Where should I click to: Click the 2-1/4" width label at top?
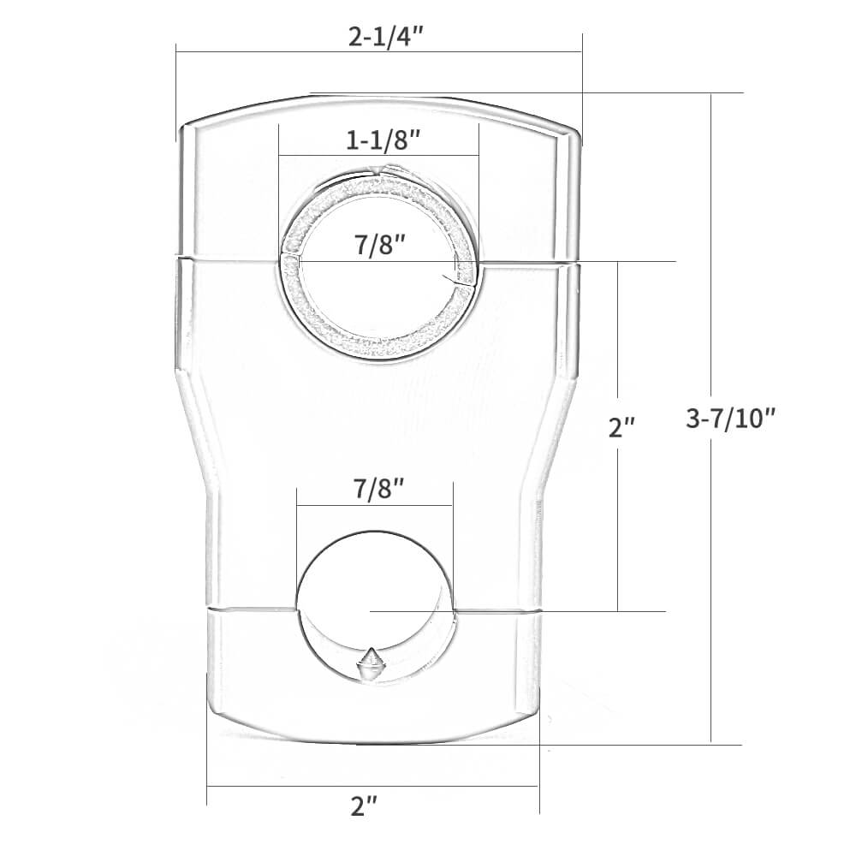(378, 39)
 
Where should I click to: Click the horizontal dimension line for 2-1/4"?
(257, 52)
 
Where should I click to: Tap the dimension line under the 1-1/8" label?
(325, 156)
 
